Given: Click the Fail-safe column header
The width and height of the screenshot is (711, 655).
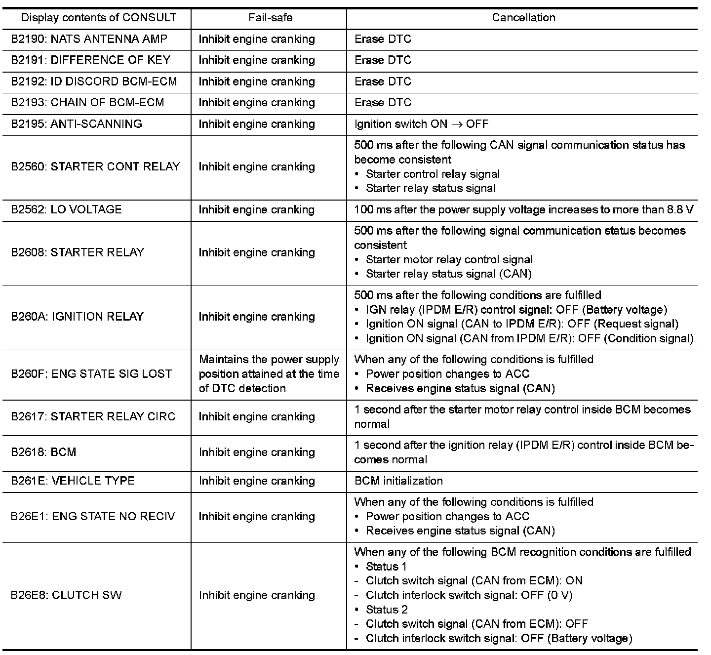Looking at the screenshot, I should click(270, 18).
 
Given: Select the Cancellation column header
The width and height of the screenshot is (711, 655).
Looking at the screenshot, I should click(523, 18).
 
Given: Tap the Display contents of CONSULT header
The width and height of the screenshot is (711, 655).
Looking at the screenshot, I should click(99, 18).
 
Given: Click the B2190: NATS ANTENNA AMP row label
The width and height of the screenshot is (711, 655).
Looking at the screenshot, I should click(89, 39).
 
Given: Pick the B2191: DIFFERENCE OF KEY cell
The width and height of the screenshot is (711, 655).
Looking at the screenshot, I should click(91, 60).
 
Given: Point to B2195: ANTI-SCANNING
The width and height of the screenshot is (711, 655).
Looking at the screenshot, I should click(77, 124).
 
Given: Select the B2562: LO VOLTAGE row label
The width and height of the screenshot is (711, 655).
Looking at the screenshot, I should click(66, 209).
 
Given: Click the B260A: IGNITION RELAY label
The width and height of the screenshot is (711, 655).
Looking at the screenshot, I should click(78, 317).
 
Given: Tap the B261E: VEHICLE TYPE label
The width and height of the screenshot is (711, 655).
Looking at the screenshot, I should click(73, 481).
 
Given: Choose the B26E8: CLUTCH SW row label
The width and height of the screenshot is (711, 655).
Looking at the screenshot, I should click(66, 595).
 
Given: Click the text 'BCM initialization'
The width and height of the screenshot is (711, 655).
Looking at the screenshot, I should click(398, 481).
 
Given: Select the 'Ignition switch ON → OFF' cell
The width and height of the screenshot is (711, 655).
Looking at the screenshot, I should click(421, 124).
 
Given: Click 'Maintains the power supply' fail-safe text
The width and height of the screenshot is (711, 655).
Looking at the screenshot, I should click(269, 360).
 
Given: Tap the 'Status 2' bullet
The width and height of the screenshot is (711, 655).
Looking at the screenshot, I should click(387, 610).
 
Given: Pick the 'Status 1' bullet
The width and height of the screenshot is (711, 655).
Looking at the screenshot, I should click(386, 567).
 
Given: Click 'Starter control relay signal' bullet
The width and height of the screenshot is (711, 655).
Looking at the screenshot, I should click(433, 174).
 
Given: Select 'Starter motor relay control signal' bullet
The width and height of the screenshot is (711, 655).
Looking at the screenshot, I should click(449, 260).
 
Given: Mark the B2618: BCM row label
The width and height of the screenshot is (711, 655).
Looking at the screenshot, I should click(43, 452).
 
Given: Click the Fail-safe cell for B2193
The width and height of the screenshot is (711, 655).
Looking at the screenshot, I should click(257, 103).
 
